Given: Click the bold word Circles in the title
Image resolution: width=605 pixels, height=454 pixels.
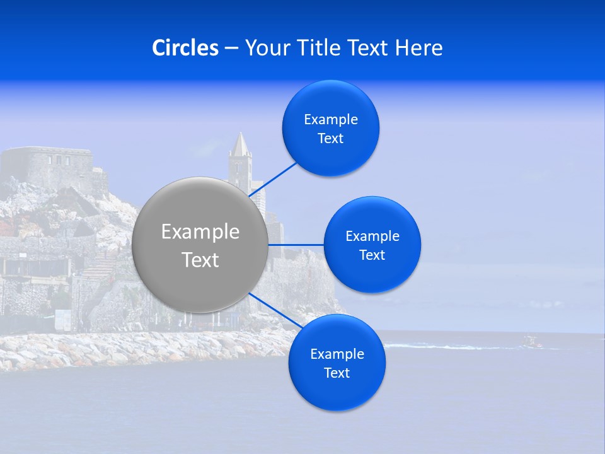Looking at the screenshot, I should tap(185, 48).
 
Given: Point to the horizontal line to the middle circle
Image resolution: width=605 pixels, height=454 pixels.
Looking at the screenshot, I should tap(296, 245).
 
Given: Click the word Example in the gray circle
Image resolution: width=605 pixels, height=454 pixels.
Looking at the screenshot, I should tap(200, 232).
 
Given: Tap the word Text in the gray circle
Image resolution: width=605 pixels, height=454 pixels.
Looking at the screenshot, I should tap(200, 260).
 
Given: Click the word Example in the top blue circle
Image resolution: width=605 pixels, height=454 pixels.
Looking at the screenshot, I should tap(331, 120).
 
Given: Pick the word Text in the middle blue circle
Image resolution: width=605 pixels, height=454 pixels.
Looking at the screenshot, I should tap(372, 255).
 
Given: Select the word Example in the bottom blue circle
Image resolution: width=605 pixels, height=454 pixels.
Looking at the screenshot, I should tap(337, 354).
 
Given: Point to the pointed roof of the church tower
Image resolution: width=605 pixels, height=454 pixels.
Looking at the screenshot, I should tap(240, 145).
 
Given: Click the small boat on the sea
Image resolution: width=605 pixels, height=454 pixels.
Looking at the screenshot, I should tap(531, 342).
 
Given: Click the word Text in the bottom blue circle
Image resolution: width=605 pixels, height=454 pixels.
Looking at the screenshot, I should tap(337, 373).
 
